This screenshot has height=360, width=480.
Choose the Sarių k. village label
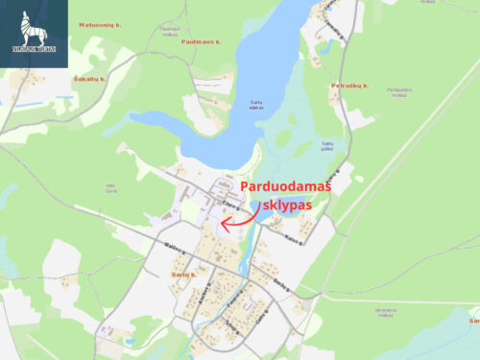click(182, 276)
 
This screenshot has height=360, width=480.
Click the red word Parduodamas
click(285, 187)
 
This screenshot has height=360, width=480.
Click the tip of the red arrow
click(222, 225)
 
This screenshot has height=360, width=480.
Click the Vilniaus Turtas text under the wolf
click(35, 47)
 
